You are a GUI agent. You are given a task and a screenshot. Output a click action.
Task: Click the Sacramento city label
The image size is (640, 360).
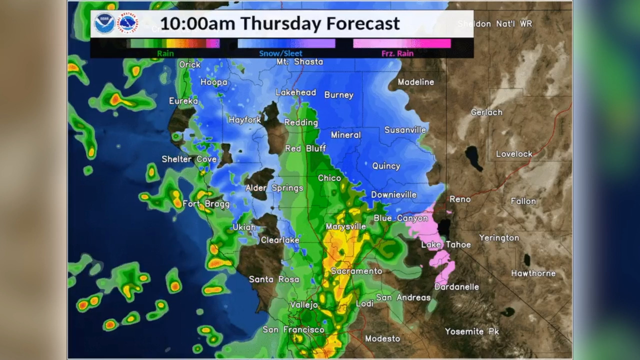pyautogui.click(x=356, y=271)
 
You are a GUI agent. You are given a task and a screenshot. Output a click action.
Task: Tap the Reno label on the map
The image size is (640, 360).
pyautogui.click(x=459, y=199)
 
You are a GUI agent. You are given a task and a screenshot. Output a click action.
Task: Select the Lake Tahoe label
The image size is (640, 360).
pyautogui.click(x=446, y=244)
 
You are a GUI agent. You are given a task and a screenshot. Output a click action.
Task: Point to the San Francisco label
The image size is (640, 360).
pyautogui.click(x=293, y=329)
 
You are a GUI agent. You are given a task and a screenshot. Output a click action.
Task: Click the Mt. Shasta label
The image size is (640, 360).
pyautogui.click(x=299, y=62)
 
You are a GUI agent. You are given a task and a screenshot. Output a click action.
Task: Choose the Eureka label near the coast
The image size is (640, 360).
pyautogui.click(x=183, y=101)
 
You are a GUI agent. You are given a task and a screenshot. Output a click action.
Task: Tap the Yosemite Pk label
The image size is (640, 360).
pyautogui.click(x=472, y=331)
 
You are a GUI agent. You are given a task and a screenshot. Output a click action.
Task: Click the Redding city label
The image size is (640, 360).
pyautogui.click(x=301, y=122)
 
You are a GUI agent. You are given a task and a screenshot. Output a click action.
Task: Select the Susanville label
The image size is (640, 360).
pyautogui.click(x=405, y=130)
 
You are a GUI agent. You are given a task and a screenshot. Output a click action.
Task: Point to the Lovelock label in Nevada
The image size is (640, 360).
pyautogui.click(x=514, y=154)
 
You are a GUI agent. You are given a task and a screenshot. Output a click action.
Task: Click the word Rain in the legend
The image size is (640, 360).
pyautogui.click(x=165, y=53)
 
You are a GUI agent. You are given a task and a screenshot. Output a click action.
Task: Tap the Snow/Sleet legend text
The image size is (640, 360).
pyautogui.click(x=280, y=53)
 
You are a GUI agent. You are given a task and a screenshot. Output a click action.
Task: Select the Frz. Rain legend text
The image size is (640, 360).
pyautogui.click(x=397, y=53)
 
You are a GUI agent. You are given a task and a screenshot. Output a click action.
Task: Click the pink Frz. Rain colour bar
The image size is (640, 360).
pyautogui.click(x=401, y=44)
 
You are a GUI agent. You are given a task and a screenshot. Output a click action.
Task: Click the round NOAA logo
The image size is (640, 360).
pyautogui.click(x=104, y=23)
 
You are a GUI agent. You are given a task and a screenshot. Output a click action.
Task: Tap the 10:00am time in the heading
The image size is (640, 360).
pyautogui.click(x=197, y=23)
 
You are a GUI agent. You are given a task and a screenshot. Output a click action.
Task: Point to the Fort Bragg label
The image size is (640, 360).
pyautogui.click(x=206, y=204)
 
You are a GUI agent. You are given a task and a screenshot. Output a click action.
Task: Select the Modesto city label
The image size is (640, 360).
pyautogui.click(x=382, y=338)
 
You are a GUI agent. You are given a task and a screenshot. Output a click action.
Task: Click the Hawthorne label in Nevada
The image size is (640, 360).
pyautogui.click(x=533, y=273)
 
